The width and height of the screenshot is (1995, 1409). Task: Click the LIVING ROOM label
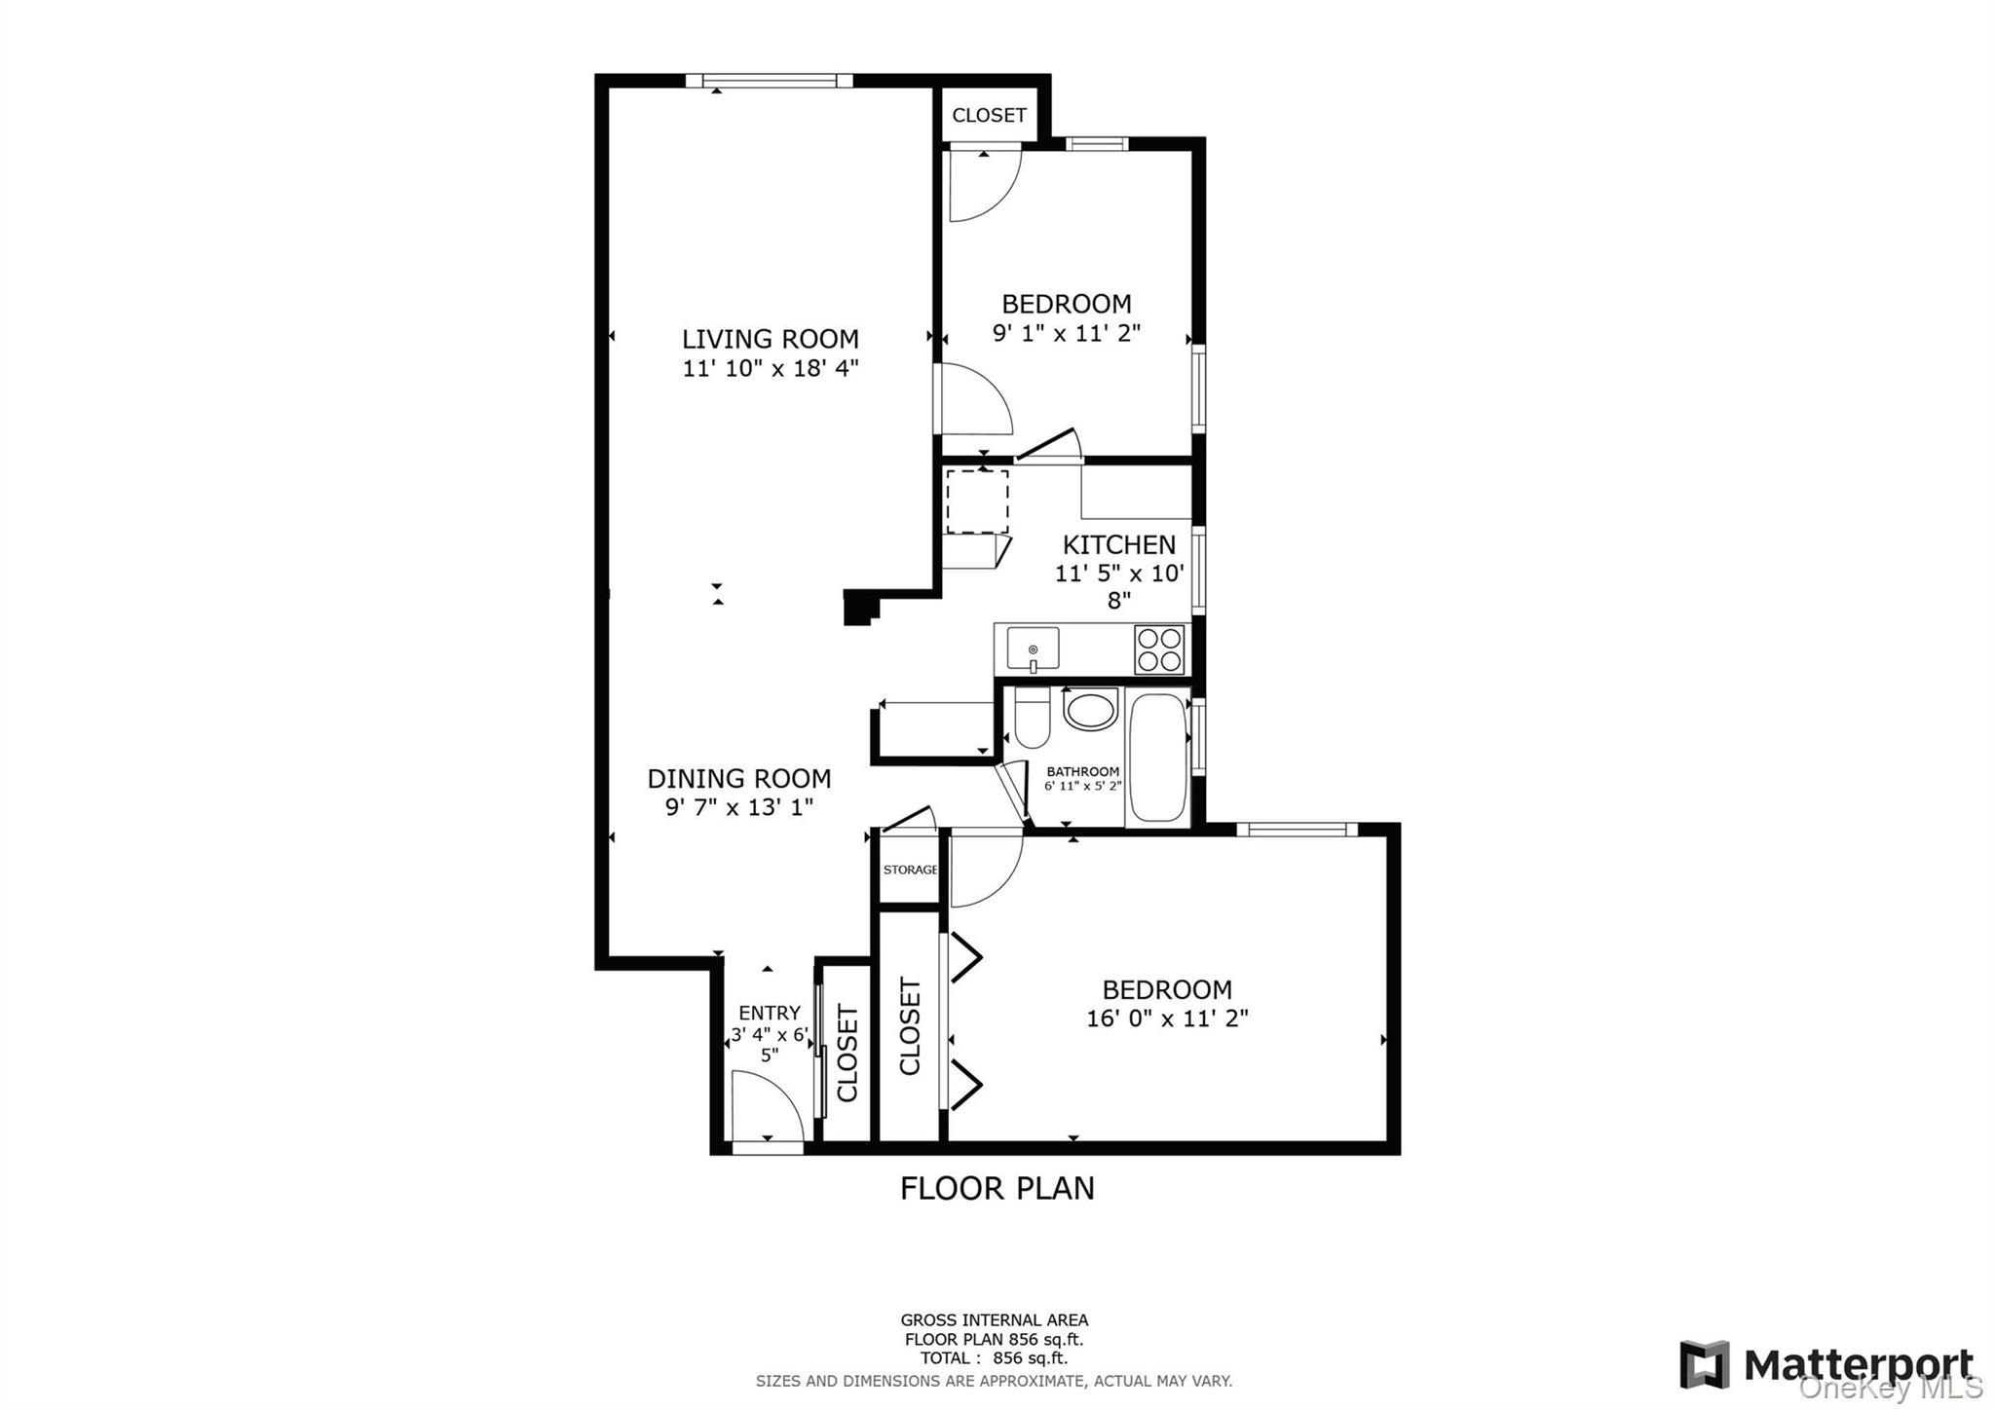770,339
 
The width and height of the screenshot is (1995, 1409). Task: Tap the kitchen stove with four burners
1159,650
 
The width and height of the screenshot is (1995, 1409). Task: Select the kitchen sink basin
1033,649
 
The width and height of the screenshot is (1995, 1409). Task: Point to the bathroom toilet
1031,718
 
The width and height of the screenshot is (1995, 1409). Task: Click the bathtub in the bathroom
1158,757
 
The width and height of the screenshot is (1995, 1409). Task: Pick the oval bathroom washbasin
1090,709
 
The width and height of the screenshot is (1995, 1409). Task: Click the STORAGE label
910,870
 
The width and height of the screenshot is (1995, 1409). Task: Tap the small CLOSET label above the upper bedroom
989,115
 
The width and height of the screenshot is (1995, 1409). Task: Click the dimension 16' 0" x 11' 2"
1167,1019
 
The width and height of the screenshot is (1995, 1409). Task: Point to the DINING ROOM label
739,778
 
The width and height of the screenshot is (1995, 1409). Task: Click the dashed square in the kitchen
977,501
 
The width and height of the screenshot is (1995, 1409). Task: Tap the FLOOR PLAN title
997,1188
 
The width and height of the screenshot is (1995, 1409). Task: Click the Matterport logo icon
1704,1364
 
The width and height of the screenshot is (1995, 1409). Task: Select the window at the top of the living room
770,81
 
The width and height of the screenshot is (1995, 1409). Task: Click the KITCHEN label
1118,544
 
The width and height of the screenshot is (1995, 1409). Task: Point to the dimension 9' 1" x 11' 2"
1066,333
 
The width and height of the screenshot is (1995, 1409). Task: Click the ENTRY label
769,1013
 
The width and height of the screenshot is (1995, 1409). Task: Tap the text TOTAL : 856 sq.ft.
993,1357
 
